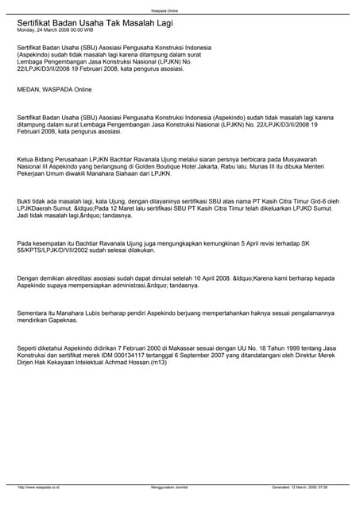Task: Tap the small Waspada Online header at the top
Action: point(180,6)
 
